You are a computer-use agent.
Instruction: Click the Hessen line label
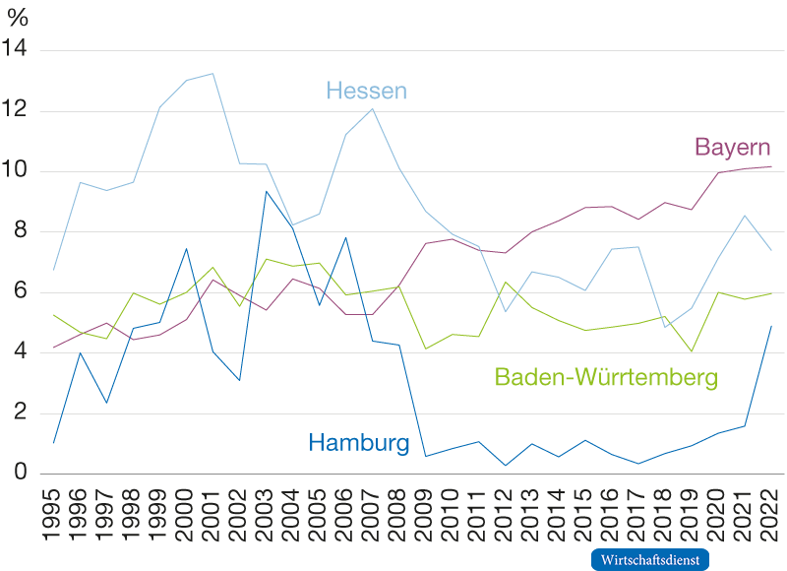click(x=366, y=92)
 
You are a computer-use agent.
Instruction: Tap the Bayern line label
click(x=732, y=148)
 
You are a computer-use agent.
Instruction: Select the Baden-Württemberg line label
click(x=606, y=377)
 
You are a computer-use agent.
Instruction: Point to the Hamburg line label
click(x=359, y=443)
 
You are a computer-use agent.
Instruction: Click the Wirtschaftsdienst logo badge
click(x=650, y=558)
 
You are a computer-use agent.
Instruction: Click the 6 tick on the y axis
click(x=20, y=292)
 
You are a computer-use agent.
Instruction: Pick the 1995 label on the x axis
click(x=54, y=508)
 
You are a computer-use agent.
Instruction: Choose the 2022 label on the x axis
click(x=771, y=508)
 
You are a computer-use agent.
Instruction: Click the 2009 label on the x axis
click(x=426, y=508)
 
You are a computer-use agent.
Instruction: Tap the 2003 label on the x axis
click(x=267, y=508)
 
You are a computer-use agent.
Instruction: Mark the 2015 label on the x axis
click(x=585, y=508)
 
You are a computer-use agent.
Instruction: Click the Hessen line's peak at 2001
click(x=213, y=73)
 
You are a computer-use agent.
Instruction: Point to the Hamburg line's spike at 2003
click(x=266, y=191)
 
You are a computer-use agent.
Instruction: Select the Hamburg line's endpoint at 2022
click(x=771, y=325)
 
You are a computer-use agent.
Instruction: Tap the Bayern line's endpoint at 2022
click(x=771, y=166)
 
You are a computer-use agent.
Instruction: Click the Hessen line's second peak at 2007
click(x=372, y=108)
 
